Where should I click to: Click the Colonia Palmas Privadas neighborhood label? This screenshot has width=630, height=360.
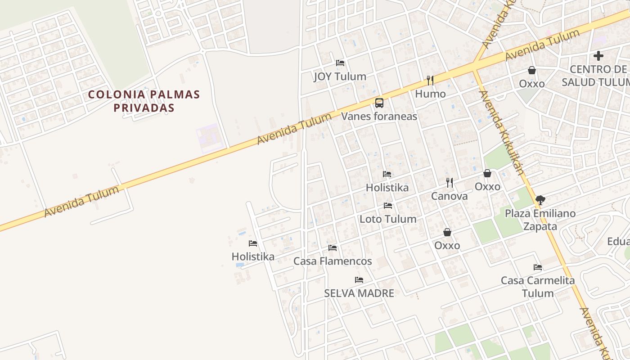point(144,101)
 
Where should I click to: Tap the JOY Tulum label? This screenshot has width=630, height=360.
point(340,76)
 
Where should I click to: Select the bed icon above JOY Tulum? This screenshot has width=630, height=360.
point(340,63)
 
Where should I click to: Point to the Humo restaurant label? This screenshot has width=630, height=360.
point(430,94)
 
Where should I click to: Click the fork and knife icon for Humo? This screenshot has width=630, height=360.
point(430,80)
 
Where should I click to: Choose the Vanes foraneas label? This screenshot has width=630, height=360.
point(379,116)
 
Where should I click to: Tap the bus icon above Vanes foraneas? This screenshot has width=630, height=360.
point(379,103)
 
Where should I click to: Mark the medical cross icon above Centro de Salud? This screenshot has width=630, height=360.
point(598,56)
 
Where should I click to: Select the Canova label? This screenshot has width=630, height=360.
point(449,196)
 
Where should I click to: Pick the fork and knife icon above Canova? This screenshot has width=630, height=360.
point(449,182)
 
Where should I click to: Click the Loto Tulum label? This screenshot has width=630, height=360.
point(387,219)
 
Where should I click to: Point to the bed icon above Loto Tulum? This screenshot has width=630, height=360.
point(387,206)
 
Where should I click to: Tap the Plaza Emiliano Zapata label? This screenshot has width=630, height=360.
point(540,220)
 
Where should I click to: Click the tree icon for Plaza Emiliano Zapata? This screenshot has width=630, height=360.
point(540,200)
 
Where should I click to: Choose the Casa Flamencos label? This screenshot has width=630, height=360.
point(333,261)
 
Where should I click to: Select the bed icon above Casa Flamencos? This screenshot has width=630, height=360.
point(333,247)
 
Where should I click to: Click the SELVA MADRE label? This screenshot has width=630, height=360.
point(359,293)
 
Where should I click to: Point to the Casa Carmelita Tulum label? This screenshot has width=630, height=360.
point(538,287)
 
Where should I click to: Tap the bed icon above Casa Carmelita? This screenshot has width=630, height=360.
point(537,267)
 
